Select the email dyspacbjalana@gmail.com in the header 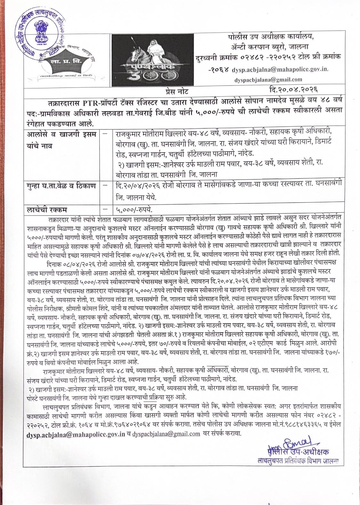[x=268, y=80]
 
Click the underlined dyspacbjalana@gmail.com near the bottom [x=166, y=434]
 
